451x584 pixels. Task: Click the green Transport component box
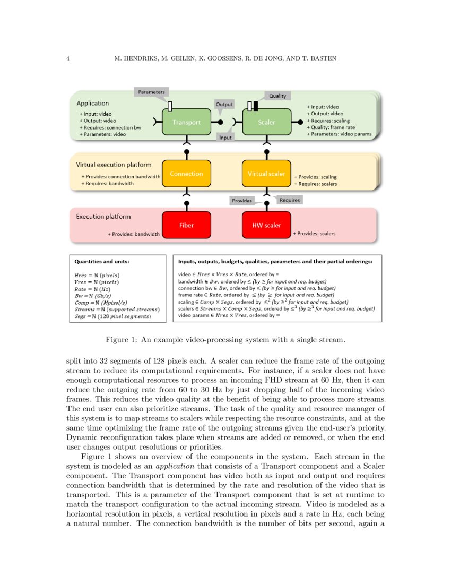(186, 122)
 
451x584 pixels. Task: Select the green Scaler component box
(267, 122)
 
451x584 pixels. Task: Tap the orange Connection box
(186, 174)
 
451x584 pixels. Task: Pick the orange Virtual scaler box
(267, 174)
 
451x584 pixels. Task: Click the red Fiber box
(186, 225)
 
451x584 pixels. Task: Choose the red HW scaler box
(267, 225)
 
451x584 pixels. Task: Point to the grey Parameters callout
(151, 92)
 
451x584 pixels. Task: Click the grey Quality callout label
(277, 96)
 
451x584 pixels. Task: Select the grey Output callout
(224, 105)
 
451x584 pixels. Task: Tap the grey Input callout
(225, 138)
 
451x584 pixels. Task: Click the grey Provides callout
(241, 201)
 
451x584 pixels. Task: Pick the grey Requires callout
(290, 200)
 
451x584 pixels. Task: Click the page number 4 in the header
(68, 58)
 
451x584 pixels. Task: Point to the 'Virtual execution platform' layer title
(114, 165)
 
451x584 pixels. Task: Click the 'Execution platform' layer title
(103, 217)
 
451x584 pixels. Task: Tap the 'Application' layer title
(93, 104)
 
